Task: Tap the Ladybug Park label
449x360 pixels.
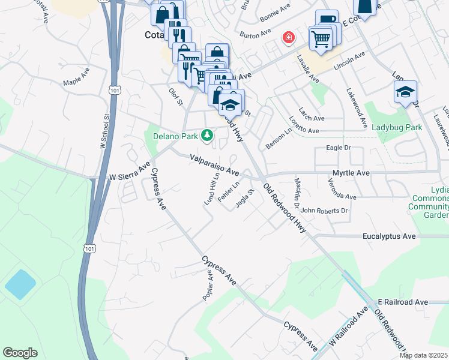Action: click(396, 127)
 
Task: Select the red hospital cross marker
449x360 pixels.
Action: click(289, 38)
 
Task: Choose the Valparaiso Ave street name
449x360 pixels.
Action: click(214, 164)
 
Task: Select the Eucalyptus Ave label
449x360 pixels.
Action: click(389, 237)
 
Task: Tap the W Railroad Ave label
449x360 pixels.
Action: click(348, 328)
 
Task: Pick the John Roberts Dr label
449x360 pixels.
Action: click(324, 211)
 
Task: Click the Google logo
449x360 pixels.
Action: click(20, 352)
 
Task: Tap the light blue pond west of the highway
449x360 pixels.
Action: click(20, 284)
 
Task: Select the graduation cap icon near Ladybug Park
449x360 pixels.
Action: click(405, 92)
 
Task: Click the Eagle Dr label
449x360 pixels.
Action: click(338, 147)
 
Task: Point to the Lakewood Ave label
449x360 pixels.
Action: click(356, 109)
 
